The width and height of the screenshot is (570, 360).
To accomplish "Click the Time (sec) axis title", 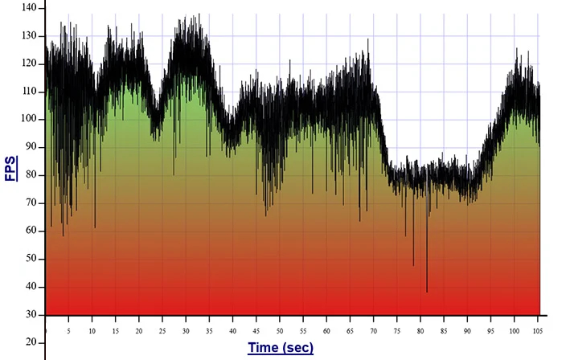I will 280,348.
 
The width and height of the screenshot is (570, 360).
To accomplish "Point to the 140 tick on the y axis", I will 29,7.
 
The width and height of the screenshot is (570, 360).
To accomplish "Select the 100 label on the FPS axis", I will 29,119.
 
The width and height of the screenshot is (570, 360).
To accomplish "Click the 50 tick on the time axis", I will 280,330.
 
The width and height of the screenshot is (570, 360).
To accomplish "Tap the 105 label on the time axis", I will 538,330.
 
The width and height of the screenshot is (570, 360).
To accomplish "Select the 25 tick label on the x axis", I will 162,330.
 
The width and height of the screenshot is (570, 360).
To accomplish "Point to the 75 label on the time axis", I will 397,330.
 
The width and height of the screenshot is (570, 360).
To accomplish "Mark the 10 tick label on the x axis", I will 92,330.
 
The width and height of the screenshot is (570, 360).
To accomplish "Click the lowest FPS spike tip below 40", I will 427,292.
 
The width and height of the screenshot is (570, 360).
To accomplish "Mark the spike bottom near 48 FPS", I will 413,264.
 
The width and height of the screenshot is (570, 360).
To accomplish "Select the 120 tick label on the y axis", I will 29,63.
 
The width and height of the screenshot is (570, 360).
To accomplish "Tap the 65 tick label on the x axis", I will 351,330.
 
